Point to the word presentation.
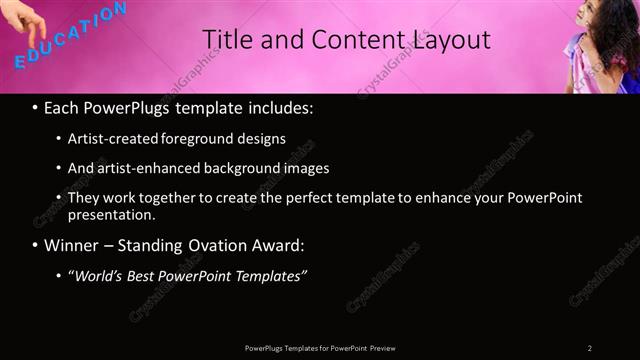pos(111,215)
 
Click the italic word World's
pos(100,275)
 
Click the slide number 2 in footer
pos(590,348)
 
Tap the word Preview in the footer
pos(382,348)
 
